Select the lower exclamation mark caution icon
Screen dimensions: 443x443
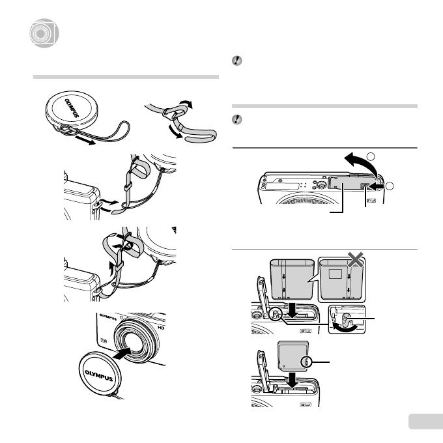[x=237, y=119]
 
